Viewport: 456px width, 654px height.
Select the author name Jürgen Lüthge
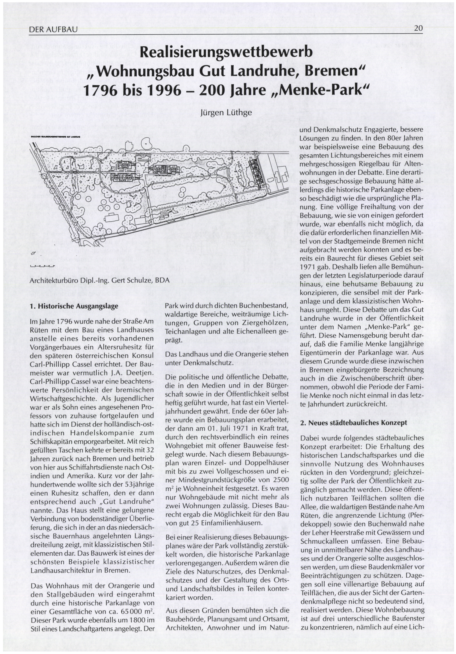click(226, 113)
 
